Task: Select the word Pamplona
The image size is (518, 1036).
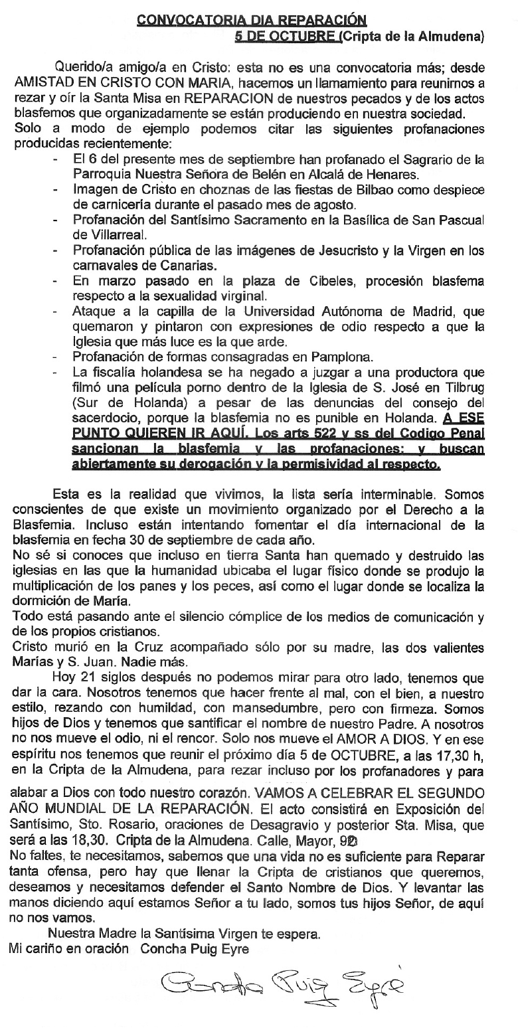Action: point(341,357)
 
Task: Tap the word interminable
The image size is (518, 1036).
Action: point(396,494)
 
